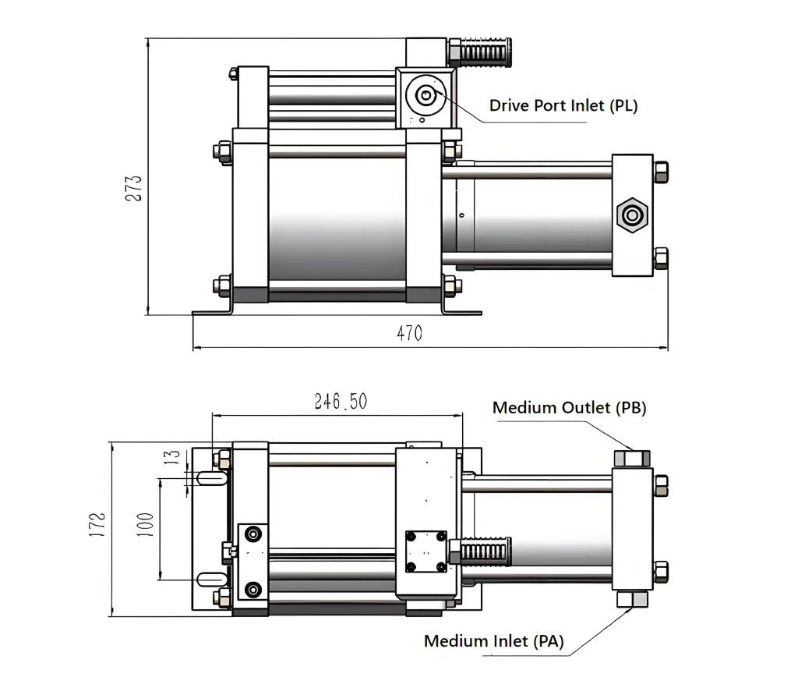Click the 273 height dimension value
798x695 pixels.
[x=134, y=188]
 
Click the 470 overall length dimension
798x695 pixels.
[x=409, y=334]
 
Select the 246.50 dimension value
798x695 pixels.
[x=341, y=402]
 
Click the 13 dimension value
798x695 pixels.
[x=173, y=457]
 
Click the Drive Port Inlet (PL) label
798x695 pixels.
[x=563, y=105]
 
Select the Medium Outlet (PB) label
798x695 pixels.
[x=569, y=407]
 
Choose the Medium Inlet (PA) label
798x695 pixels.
[x=493, y=641]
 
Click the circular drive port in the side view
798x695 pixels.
[x=425, y=96]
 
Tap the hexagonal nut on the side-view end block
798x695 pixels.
[x=631, y=215]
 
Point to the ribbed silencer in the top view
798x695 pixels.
[x=486, y=552]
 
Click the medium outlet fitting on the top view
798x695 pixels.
[x=631, y=458]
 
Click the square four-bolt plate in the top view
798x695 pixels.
[x=426, y=551]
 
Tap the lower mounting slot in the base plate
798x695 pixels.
[x=210, y=578]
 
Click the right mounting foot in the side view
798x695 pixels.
[x=460, y=310]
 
